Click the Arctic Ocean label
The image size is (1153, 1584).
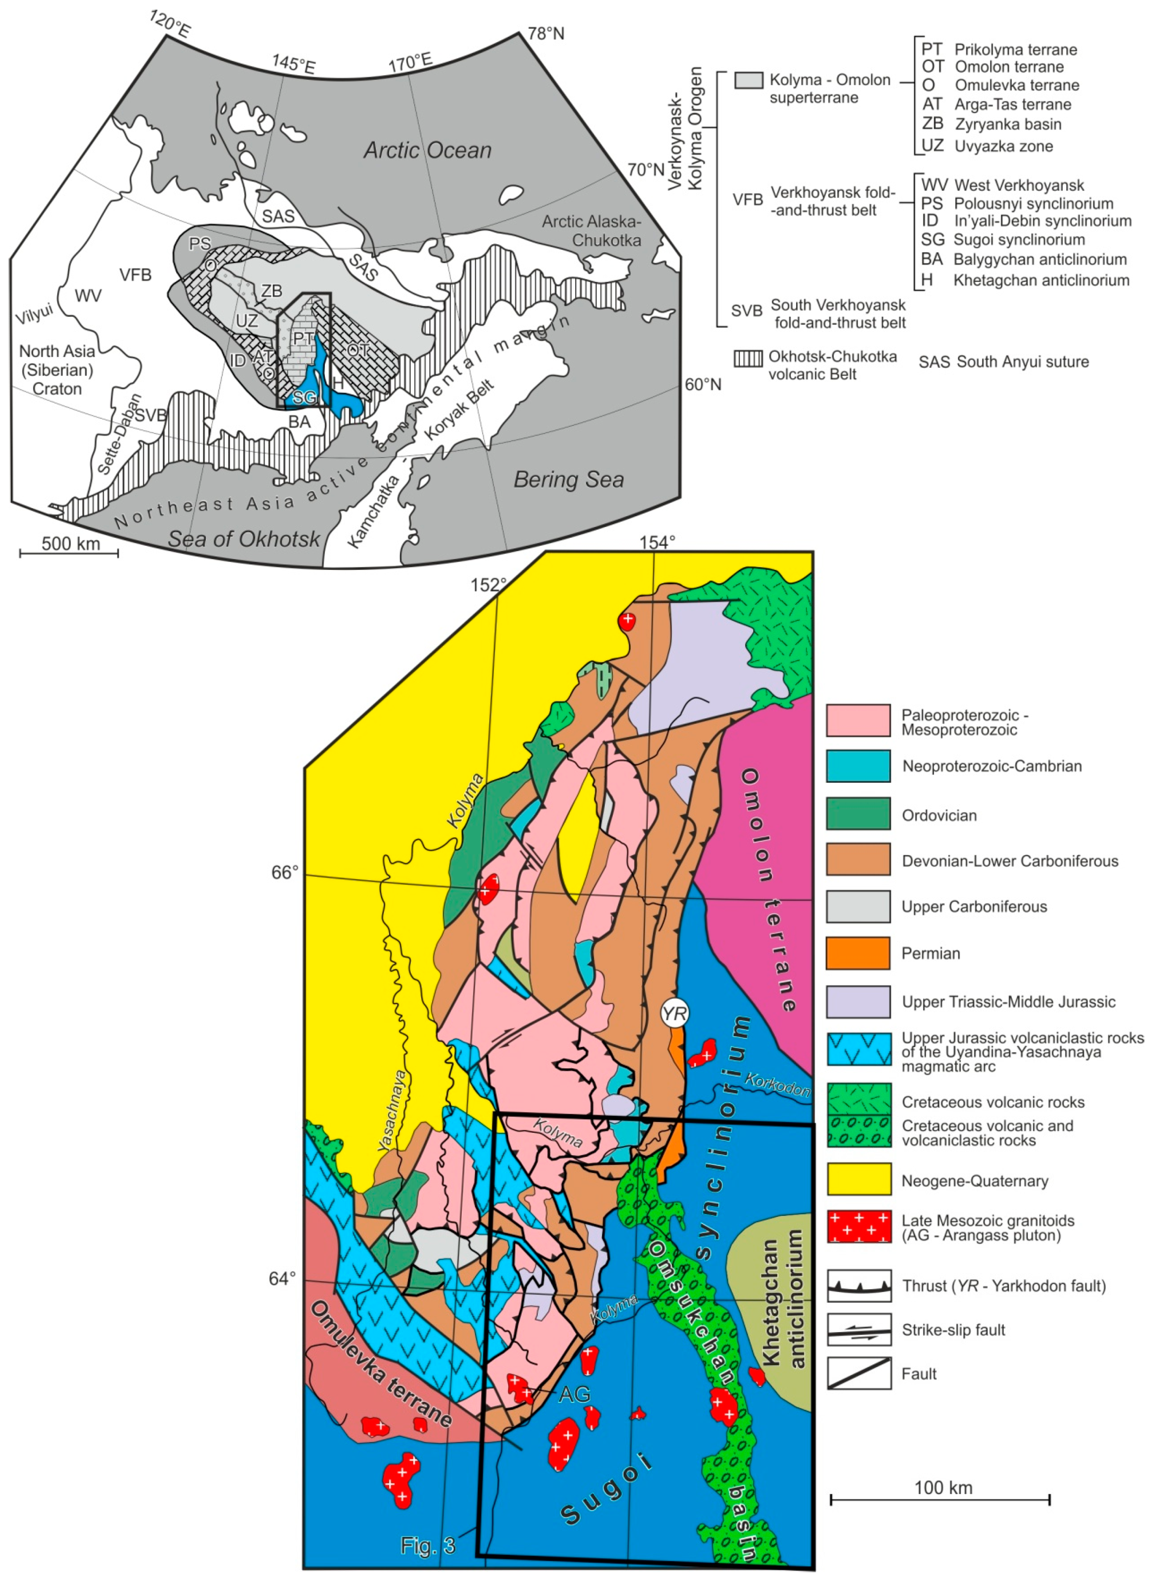tap(427, 150)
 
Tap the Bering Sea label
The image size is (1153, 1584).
tap(568, 480)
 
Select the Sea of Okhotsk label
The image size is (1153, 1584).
tap(244, 539)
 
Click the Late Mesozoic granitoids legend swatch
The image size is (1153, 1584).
tap(858, 1226)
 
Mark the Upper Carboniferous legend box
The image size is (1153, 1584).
tap(858, 907)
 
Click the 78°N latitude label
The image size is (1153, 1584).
tap(546, 33)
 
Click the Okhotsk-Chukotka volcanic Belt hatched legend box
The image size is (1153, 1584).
tap(748, 358)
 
